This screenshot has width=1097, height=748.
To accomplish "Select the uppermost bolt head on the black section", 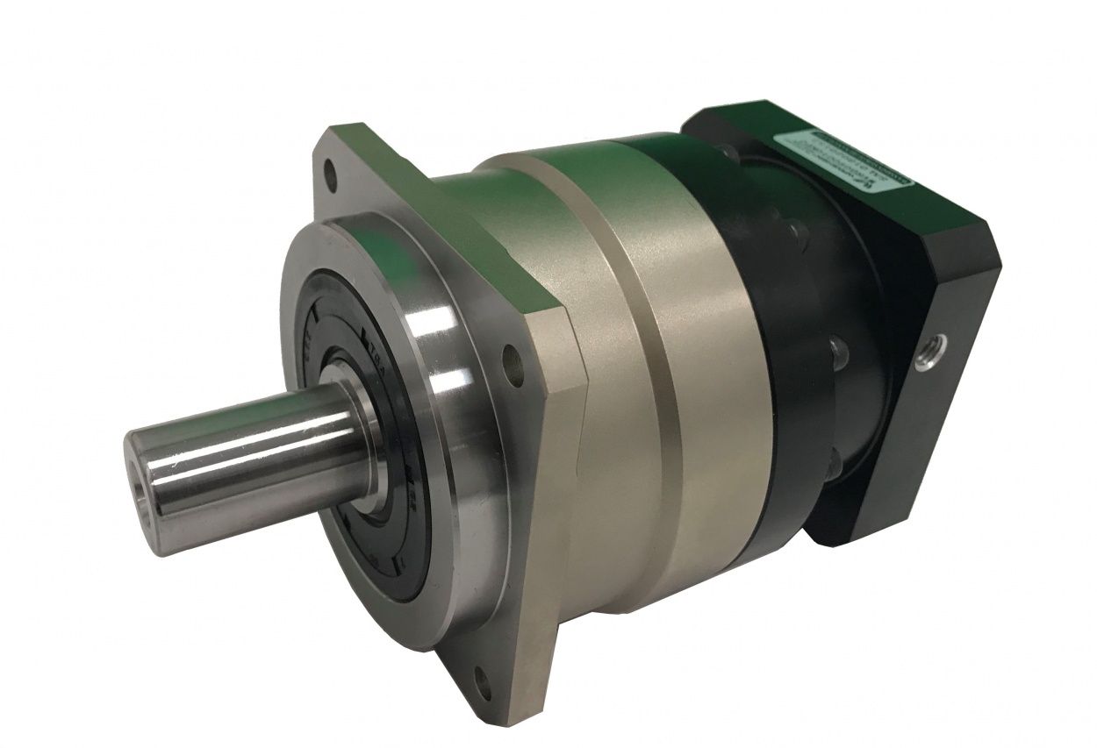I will [794, 229].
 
